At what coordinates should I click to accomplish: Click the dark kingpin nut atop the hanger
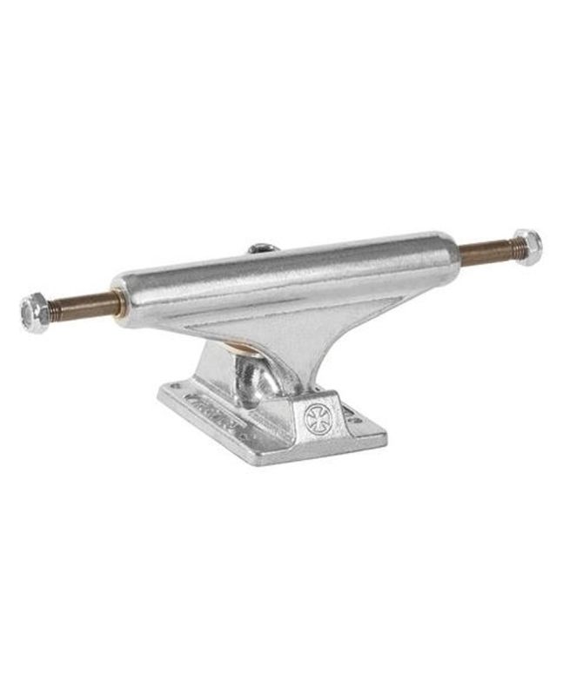point(260,247)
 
